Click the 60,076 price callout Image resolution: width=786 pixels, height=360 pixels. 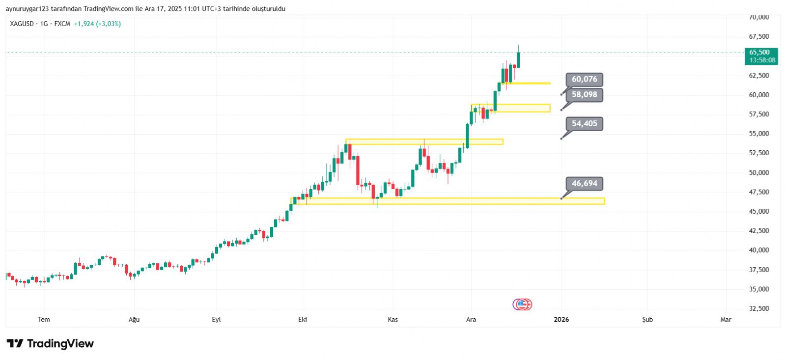pyautogui.click(x=584, y=80)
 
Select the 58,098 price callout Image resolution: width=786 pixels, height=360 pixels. pyautogui.click(x=584, y=95)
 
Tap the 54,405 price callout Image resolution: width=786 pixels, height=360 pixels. pyautogui.click(x=584, y=124)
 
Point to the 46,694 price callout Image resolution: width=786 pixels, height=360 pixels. pyautogui.click(x=584, y=184)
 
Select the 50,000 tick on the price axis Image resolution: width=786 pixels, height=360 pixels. pyautogui.click(x=759, y=172)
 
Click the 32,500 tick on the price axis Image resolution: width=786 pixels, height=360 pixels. pyautogui.click(x=759, y=308)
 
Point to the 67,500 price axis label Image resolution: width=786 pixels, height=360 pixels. pyautogui.click(x=759, y=36)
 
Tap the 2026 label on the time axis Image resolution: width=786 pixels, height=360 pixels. pyautogui.click(x=561, y=320)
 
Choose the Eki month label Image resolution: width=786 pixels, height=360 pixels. pyautogui.click(x=303, y=320)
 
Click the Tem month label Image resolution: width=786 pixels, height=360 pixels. pyautogui.click(x=44, y=320)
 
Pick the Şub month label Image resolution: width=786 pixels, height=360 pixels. pyautogui.click(x=647, y=320)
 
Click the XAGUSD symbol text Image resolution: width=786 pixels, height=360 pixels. pyautogui.click(x=22, y=24)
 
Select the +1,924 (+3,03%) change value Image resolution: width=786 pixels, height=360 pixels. pyautogui.click(x=97, y=24)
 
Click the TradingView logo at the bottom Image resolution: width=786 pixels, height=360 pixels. pyautogui.click(x=50, y=344)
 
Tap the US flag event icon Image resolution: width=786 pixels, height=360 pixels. pyautogui.click(x=523, y=305)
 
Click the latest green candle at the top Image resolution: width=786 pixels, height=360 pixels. pyautogui.click(x=518, y=59)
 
